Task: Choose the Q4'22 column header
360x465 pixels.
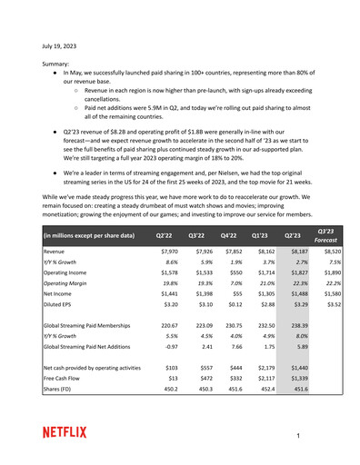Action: (x=234, y=234)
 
